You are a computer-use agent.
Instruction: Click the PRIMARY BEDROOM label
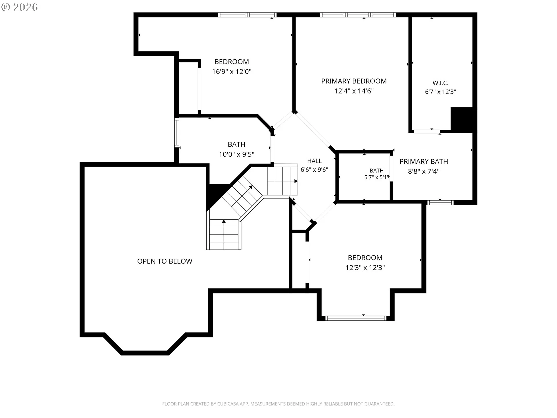click(354, 81)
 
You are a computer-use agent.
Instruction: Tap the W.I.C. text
click(440, 83)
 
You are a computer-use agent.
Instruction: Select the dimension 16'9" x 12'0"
click(232, 71)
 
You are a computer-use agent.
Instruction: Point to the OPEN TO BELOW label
click(165, 261)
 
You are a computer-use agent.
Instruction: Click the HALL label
click(314, 161)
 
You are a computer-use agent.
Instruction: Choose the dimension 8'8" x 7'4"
click(424, 171)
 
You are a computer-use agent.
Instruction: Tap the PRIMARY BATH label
click(424, 161)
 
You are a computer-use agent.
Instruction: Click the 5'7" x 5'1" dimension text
click(376, 177)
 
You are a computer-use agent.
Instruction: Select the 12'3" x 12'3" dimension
click(365, 268)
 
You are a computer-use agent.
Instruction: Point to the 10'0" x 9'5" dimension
click(236, 154)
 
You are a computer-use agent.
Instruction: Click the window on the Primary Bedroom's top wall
click(358, 15)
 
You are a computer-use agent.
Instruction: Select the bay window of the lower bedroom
click(356, 318)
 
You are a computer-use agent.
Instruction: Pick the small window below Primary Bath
click(440, 203)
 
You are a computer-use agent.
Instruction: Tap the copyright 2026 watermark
click(20, 7)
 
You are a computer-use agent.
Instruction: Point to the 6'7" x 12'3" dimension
click(440, 92)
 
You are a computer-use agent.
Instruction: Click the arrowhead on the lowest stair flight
click(224, 221)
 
